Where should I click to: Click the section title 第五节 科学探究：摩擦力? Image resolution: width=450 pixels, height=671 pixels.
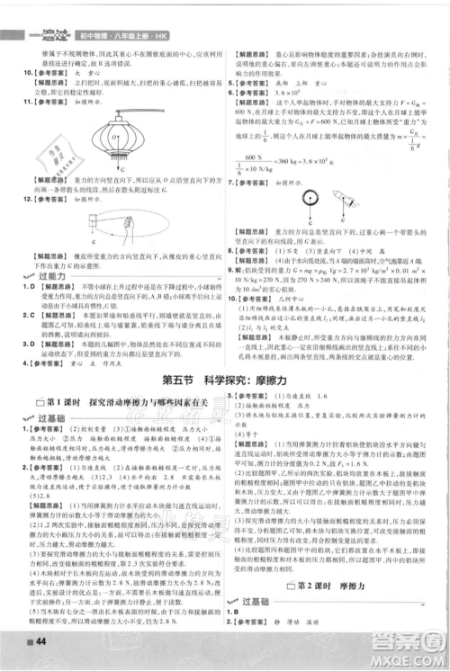[x=224, y=380]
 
